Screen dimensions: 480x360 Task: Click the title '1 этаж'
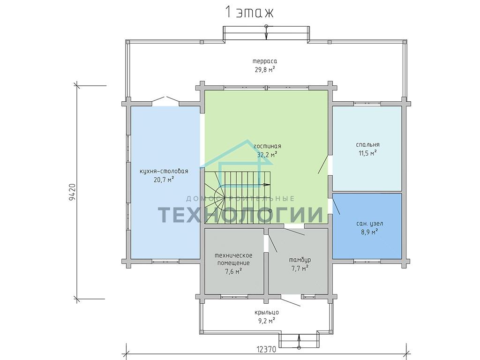(249, 12)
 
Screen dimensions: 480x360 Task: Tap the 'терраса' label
(265, 61)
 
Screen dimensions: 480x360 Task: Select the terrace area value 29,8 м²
(265, 70)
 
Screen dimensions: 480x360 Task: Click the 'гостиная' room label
(267, 146)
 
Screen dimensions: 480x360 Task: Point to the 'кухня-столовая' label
(164, 171)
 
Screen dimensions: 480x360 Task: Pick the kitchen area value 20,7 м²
(164, 180)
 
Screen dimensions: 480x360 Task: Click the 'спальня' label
(367, 145)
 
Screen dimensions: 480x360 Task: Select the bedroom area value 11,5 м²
(367, 153)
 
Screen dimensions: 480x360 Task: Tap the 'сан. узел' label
(369, 224)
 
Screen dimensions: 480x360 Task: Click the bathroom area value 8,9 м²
(369, 232)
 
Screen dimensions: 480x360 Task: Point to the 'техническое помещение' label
(233, 259)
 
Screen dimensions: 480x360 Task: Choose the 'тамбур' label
(300, 260)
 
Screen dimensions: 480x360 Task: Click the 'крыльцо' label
(266, 313)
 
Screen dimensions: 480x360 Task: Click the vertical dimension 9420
(72, 192)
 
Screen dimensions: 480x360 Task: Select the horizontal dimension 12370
(266, 349)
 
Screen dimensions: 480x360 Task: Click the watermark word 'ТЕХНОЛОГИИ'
(240, 214)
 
